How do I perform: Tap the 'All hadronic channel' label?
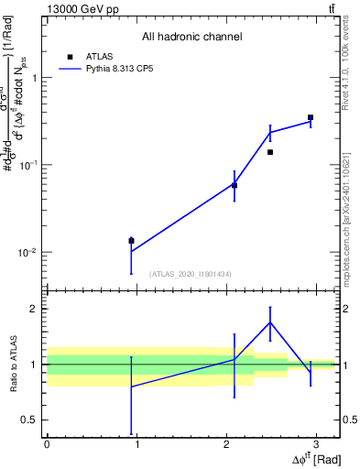click(191, 37)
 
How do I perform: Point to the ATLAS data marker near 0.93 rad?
click(131, 241)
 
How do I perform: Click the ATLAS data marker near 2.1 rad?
click(235, 185)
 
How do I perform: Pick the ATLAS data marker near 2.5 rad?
click(270, 152)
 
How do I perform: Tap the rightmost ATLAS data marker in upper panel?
click(311, 117)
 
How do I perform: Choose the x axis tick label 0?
click(46, 445)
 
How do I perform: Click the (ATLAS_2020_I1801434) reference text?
click(191, 274)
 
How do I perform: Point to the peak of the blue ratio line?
click(270, 322)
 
